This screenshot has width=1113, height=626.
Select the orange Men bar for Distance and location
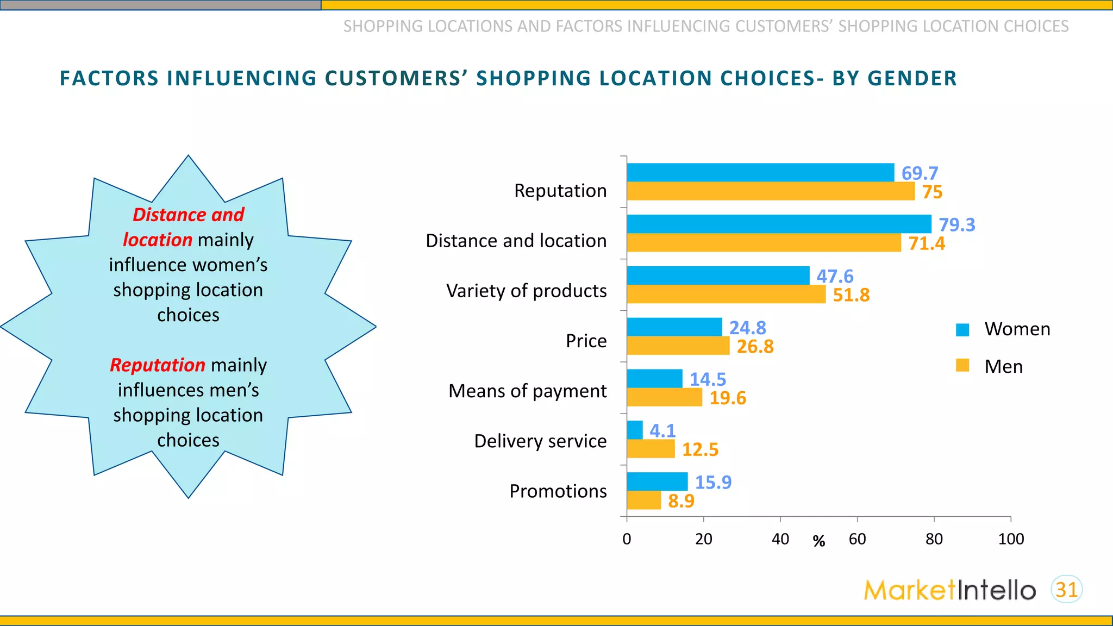pos(764,243)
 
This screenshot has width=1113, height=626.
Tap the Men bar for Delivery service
pos(651,449)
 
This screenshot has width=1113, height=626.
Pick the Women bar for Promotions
pos(656,481)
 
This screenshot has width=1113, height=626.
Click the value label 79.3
pos(956,224)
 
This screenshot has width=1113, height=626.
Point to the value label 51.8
pos(851,295)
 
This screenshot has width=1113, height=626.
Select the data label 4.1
pos(662,430)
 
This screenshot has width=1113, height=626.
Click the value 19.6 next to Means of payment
pos(727,398)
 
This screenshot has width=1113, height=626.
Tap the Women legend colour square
pos(962,329)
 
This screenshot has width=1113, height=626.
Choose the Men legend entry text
pos(1003,367)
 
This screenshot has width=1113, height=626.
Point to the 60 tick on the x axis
pos(857,539)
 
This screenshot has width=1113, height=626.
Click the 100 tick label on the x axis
pos(1010,539)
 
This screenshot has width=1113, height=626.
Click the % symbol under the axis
pos(818,541)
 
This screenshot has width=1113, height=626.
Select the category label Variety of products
pos(526,291)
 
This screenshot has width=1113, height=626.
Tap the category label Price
pos(586,341)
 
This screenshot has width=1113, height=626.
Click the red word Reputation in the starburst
pos(158,365)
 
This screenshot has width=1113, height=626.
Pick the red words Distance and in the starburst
pos(189,215)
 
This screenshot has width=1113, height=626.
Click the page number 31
pos(1066,590)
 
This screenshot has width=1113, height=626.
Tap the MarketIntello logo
pos(949,590)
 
